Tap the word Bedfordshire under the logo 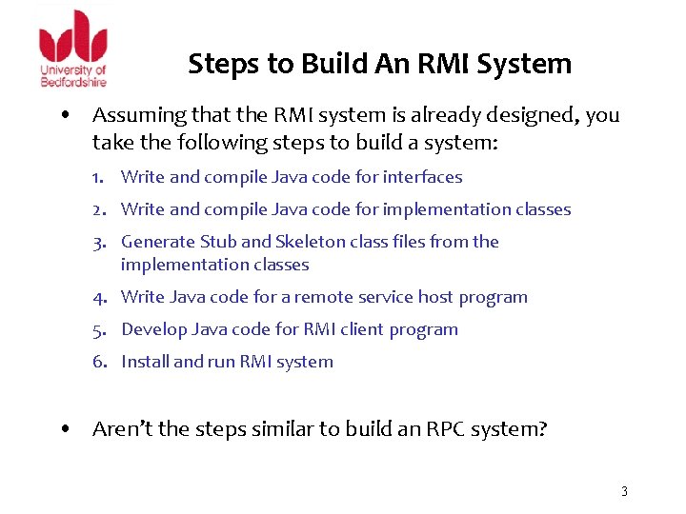[72, 81]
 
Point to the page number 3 [624, 491]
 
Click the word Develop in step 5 [154, 329]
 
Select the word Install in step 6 [145, 362]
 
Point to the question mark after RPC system [542, 429]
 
